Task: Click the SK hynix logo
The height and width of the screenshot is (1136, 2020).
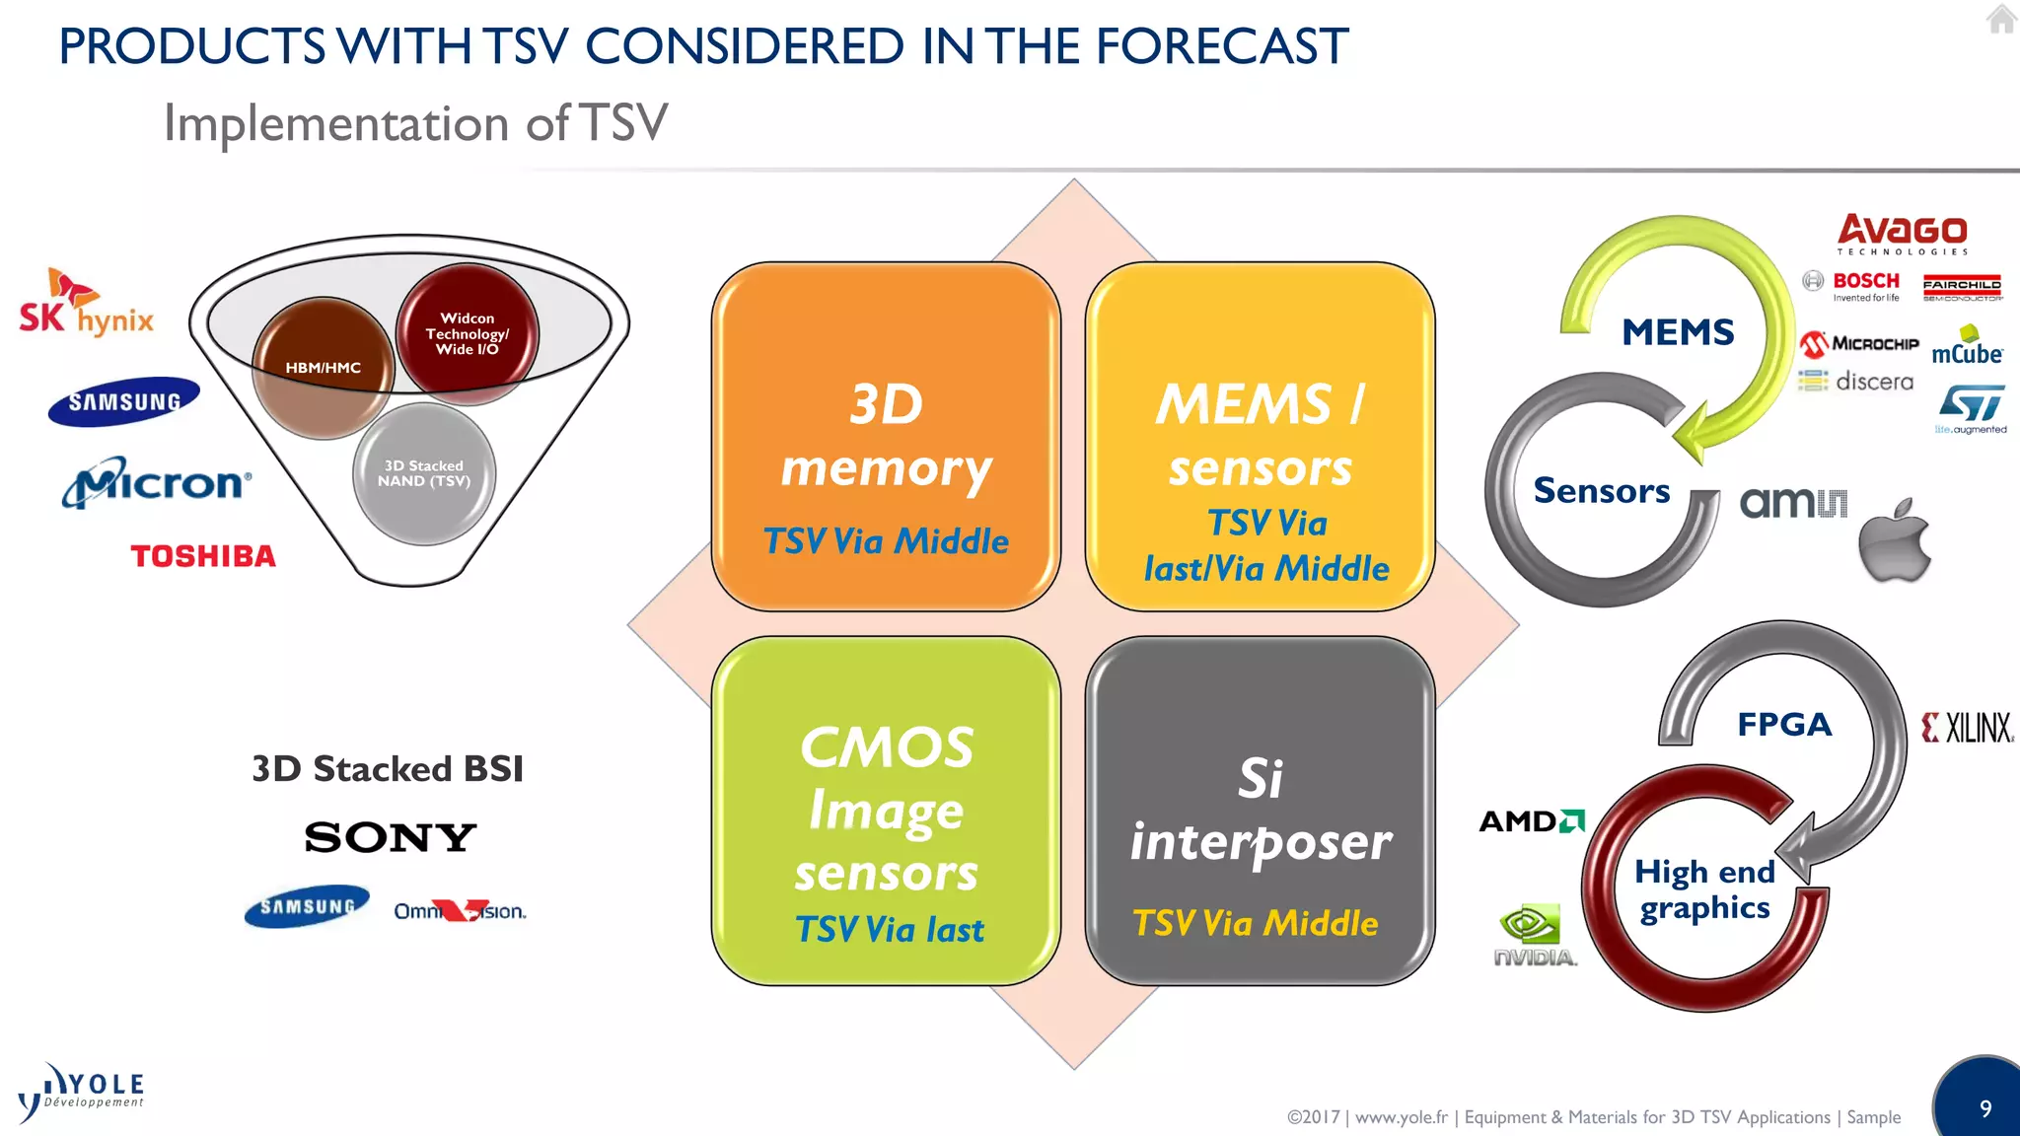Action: pyautogui.click(x=87, y=305)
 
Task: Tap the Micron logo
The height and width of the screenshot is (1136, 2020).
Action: pyautogui.click(x=158, y=482)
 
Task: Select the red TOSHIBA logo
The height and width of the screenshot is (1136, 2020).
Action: pyautogui.click(x=203, y=556)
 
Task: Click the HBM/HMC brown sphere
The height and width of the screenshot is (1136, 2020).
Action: pyautogui.click(x=323, y=368)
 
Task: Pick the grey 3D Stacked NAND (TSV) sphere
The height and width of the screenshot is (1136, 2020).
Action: pyautogui.click(x=424, y=473)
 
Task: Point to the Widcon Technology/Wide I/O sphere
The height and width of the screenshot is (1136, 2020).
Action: pyautogui.click(x=468, y=333)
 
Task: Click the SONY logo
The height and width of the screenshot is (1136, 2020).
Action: pyautogui.click(x=391, y=837)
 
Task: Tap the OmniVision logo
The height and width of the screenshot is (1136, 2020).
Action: pyautogui.click(x=460, y=911)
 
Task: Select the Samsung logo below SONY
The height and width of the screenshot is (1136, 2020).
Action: pyautogui.click(x=307, y=905)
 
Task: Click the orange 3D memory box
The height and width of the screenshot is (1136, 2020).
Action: pyautogui.click(x=886, y=437)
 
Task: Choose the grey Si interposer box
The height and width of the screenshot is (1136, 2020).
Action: pyautogui.click(x=1260, y=811)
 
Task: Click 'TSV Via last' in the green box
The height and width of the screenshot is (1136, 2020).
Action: pyautogui.click(x=889, y=930)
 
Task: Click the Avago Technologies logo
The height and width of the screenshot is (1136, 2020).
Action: pyautogui.click(x=1902, y=234)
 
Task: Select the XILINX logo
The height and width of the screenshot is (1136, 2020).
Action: pyautogui.click(x=1967, y=728)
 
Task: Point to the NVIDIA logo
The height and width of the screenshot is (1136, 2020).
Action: pyautogui.click(x=1534, y=935)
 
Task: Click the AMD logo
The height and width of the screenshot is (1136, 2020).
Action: pyautogui.click(x=1531, y=820)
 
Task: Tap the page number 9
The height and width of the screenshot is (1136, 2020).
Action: pyautogui.click(x=1985, y=1108)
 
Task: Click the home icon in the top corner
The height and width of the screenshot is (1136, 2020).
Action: pyautogui.click(x=2000, y=19)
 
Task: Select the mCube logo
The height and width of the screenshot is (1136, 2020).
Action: pyautogui.click(x=1967, y=347)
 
